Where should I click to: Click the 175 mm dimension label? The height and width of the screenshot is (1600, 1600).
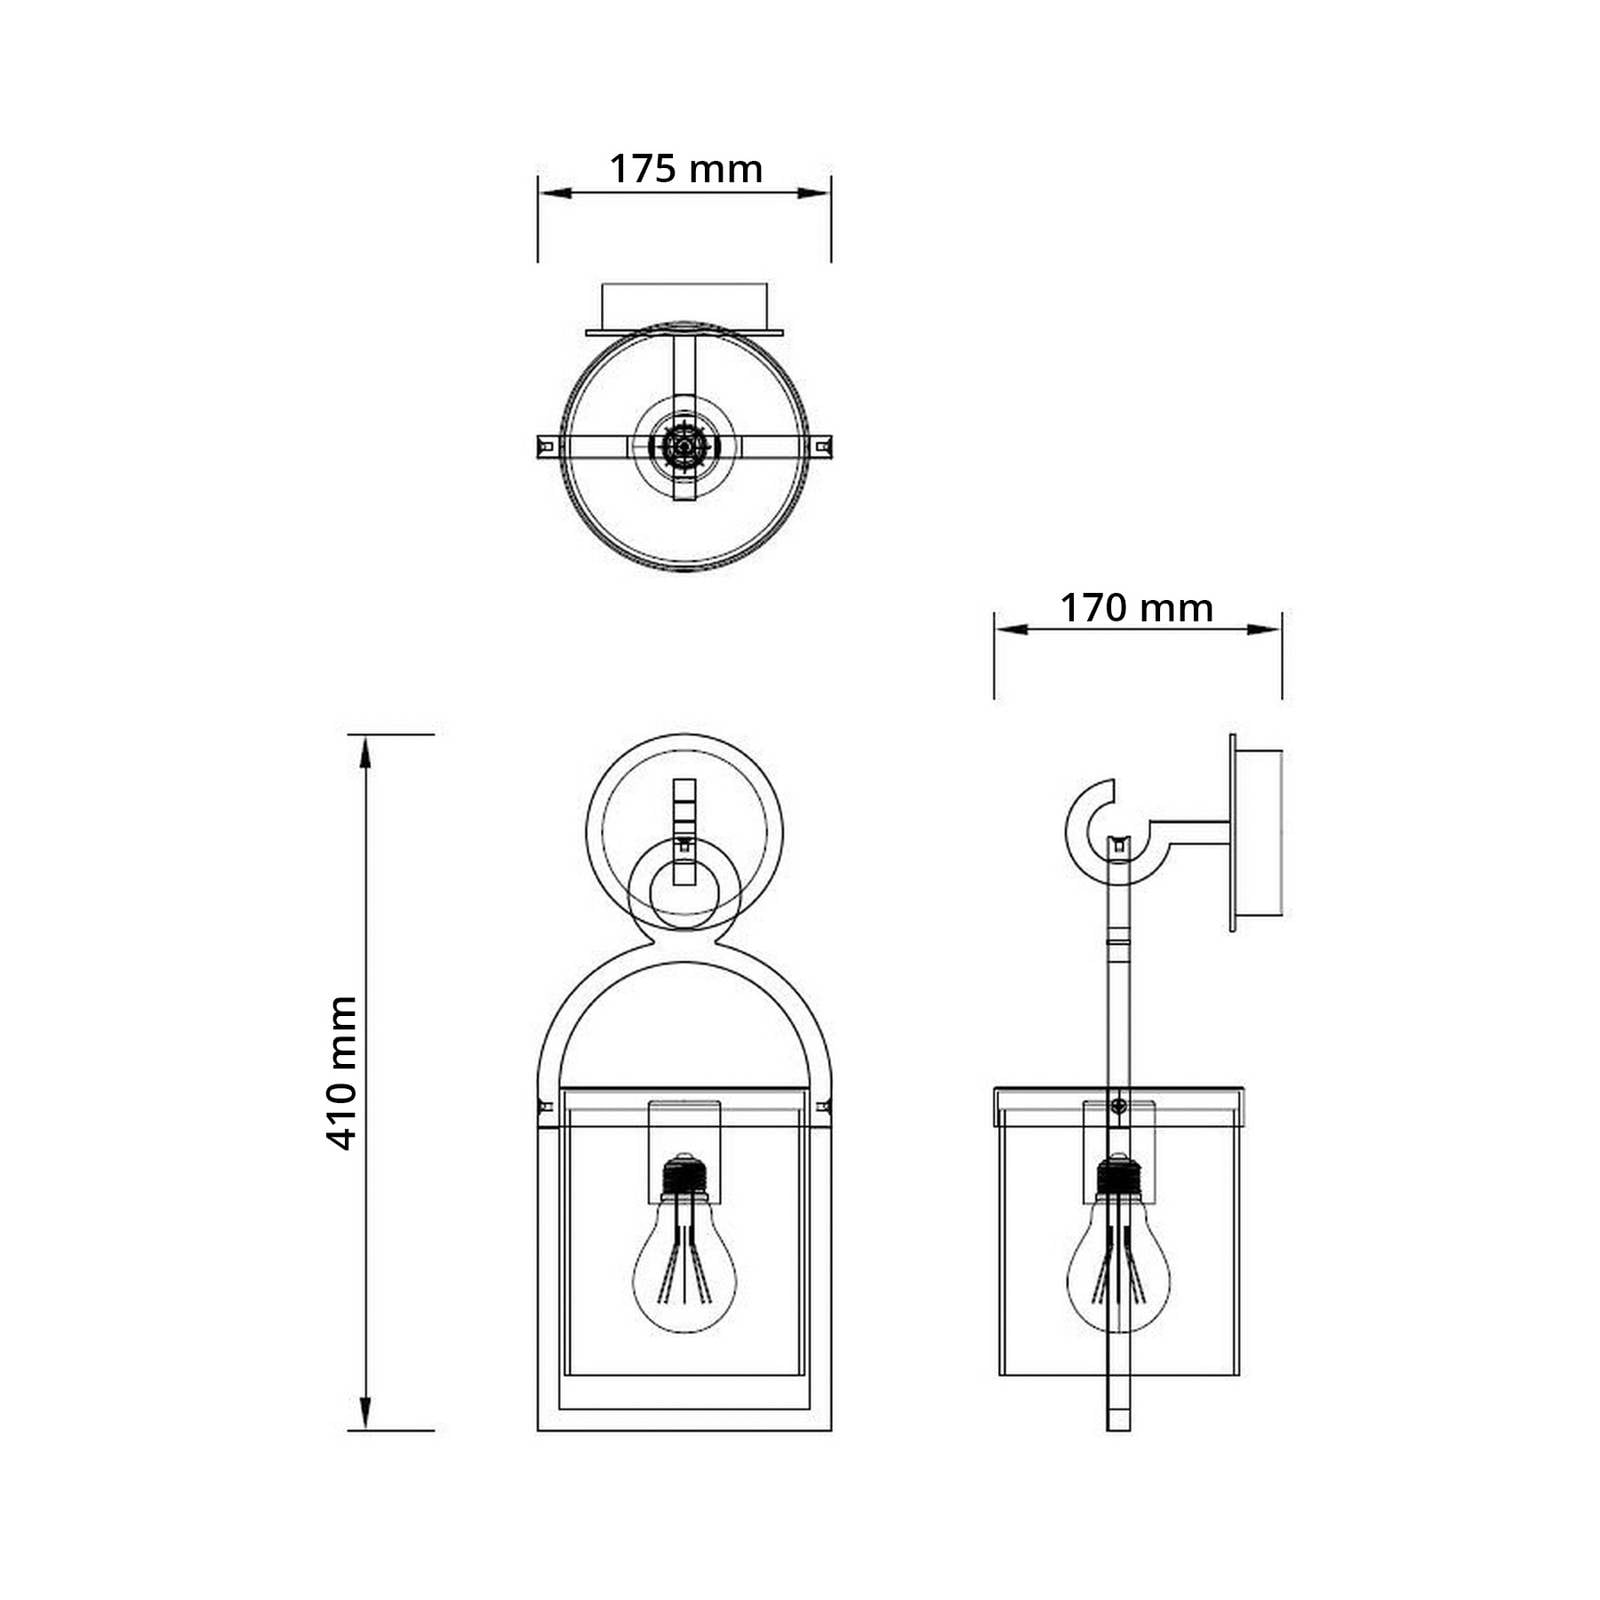tap(686, 169)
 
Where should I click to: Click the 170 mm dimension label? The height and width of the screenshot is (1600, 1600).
tap(1137, 608)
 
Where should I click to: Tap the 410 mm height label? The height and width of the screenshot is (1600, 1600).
tap(342, 1073)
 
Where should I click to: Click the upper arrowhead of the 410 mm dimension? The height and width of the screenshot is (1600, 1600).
tap(366, 750)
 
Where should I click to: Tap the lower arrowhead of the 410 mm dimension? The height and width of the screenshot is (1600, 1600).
tap(366, 1414)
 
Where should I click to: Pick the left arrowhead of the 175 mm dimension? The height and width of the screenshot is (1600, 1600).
tap(555, 193)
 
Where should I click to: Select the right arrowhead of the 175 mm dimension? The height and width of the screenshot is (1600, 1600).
tap(814, 193)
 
